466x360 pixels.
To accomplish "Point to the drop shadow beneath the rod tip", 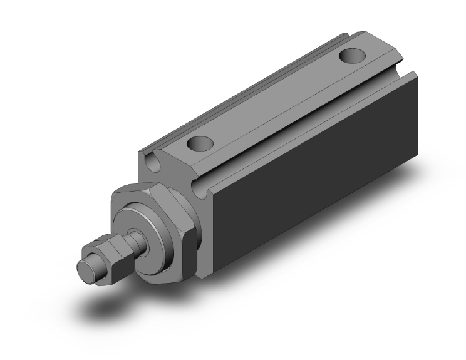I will coord(103,307).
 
